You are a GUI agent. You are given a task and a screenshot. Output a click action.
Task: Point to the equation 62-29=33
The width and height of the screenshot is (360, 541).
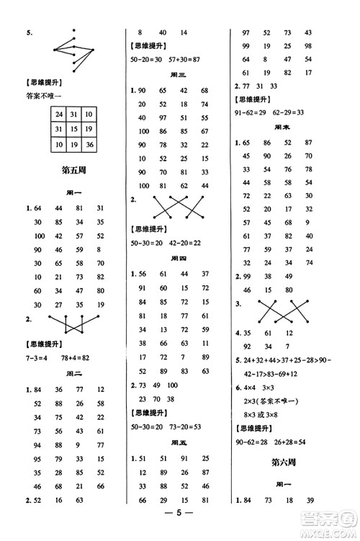(x=287, y=112)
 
